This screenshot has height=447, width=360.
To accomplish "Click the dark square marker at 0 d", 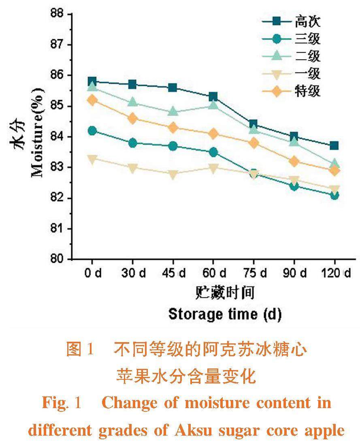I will point(92,81).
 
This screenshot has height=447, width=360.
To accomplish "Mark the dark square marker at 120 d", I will point(334,146).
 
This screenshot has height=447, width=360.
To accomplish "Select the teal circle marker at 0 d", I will point(92,130).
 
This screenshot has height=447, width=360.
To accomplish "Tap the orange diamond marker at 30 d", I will point(132,118).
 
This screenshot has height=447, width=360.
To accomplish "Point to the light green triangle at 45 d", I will point(173,111).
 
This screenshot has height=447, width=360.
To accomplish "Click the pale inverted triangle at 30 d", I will point(132,168).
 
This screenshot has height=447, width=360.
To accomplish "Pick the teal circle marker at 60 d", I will point(213,152).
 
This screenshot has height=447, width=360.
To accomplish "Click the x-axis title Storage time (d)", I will point(225,314).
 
